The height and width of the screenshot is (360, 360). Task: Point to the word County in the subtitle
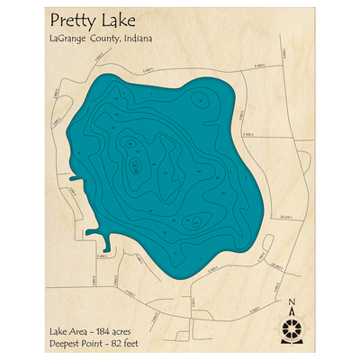(124, 40)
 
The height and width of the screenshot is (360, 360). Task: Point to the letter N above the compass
(291, 302)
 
